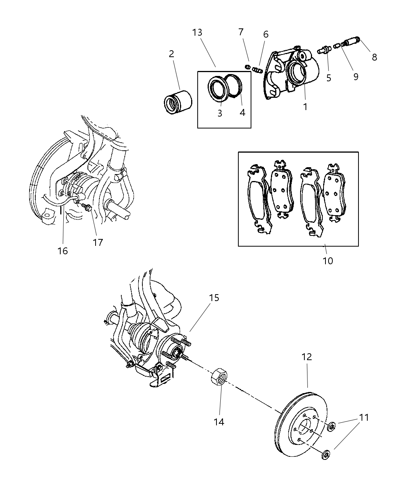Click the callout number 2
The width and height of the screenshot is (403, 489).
pos(171,54)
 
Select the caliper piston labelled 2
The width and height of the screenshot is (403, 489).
pos(175,102)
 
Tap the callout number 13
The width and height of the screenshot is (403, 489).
pos(197,33)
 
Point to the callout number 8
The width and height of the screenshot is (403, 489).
pos(374,58)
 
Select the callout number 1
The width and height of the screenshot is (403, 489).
pos(305,107)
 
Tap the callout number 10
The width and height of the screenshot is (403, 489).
pos(328,261)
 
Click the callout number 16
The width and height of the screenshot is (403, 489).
pos(63,251)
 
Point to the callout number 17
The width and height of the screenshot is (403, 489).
pos(98,242)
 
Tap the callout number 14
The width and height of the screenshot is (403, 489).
pos(219,422)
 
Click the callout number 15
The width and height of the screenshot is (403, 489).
pos(214,298)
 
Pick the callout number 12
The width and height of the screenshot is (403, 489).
pos(307,357)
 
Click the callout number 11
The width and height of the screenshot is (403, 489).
pos(364,417)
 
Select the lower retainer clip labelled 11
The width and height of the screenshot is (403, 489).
pos(326,455)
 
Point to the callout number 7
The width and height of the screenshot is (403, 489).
pos(241,32)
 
